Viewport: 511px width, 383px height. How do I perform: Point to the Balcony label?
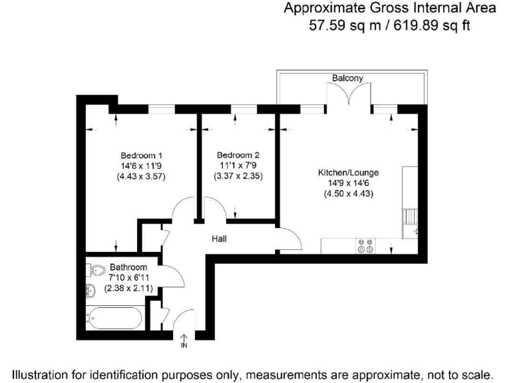pyautogui.click(x=347, y=78)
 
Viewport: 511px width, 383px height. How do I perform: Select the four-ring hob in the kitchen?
pyautogui.click(x=365, y=246)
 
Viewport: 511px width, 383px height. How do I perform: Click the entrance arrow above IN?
pyautogui.click(x=184, y=337)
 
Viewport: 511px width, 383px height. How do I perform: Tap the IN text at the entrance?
pyautogui.click(x=184, y=346)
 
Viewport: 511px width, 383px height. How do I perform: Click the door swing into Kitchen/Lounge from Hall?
pyautogui.click(x=288, y=237)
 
